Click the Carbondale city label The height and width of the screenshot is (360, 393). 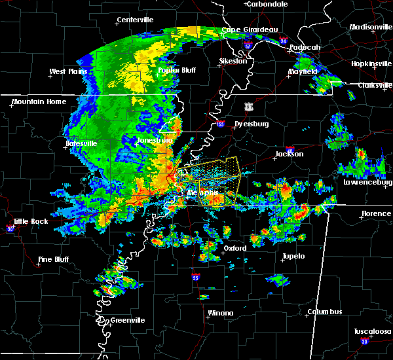(269, 4)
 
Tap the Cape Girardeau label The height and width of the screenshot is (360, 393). (250, 29)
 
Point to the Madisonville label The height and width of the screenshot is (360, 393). (371, 27)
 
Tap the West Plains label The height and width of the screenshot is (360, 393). (70, 71)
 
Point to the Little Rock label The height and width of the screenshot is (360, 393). (31, 221)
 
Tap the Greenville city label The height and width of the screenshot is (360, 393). (127, 320)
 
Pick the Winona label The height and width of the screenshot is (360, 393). (220, 313)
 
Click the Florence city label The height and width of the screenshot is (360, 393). (377, 213)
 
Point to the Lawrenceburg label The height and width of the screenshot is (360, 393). (364, 182)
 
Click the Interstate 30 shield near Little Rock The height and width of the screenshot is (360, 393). (10, 228)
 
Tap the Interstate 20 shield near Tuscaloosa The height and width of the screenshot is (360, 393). (364, 342)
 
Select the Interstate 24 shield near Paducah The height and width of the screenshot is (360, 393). (283, 41)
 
